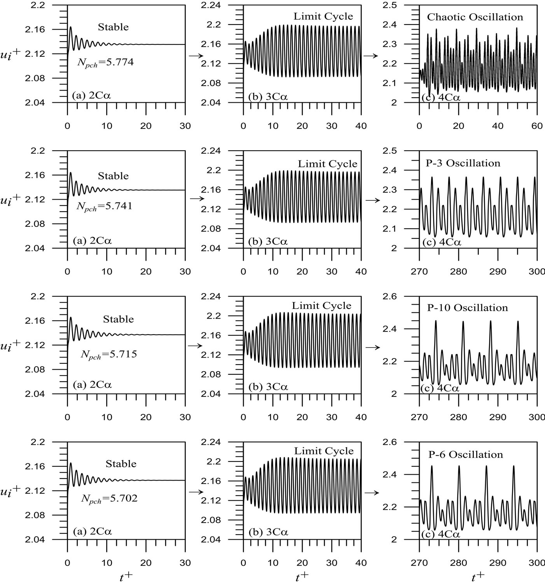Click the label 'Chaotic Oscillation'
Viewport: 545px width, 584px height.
pos(475,17)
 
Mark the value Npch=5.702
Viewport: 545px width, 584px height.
pos(109,499)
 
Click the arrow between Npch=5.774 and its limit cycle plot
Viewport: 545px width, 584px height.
pos(196,56)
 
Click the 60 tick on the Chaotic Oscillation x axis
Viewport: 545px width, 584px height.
pos(537,126)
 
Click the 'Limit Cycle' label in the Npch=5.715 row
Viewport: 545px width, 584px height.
pos(321,306)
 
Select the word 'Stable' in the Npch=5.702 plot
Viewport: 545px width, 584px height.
pos(121,464)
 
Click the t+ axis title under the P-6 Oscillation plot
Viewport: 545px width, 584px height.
pos(478,577)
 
